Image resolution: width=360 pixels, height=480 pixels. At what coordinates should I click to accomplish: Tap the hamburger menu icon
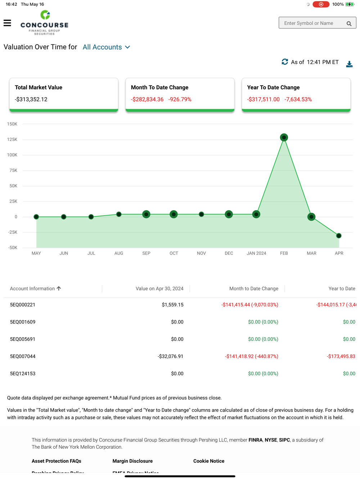point(7,23)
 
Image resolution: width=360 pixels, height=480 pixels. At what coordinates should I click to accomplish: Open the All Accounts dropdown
point(106,47)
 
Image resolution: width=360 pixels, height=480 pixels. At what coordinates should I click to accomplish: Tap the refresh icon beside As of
point(285,62)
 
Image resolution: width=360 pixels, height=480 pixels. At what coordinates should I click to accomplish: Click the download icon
point(349,64)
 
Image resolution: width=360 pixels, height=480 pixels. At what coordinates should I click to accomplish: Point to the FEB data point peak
point(284,137)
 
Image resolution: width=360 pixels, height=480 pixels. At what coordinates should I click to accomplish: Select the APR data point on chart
point(339,236)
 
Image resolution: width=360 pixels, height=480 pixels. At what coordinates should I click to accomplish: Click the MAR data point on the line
point(311,217)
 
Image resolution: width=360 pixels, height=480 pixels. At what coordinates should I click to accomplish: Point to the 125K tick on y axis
point(12,140)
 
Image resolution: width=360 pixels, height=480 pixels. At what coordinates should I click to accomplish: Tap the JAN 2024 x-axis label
point(256,253)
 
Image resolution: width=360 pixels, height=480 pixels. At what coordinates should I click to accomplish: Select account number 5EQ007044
point(23,356)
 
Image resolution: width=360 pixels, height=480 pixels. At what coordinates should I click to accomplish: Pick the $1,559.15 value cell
point(172,305)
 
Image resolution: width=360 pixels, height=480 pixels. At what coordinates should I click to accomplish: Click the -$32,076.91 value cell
point(170,356)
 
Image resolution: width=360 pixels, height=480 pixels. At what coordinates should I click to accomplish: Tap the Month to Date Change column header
point(253,289)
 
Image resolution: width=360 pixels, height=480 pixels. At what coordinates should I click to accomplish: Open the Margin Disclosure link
point(132,461)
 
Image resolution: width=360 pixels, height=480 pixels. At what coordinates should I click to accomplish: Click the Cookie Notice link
point(209,461)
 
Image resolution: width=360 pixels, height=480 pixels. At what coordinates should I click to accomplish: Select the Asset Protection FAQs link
point(57,461)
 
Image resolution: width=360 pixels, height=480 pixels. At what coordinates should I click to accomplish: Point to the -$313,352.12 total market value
point(31,99)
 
